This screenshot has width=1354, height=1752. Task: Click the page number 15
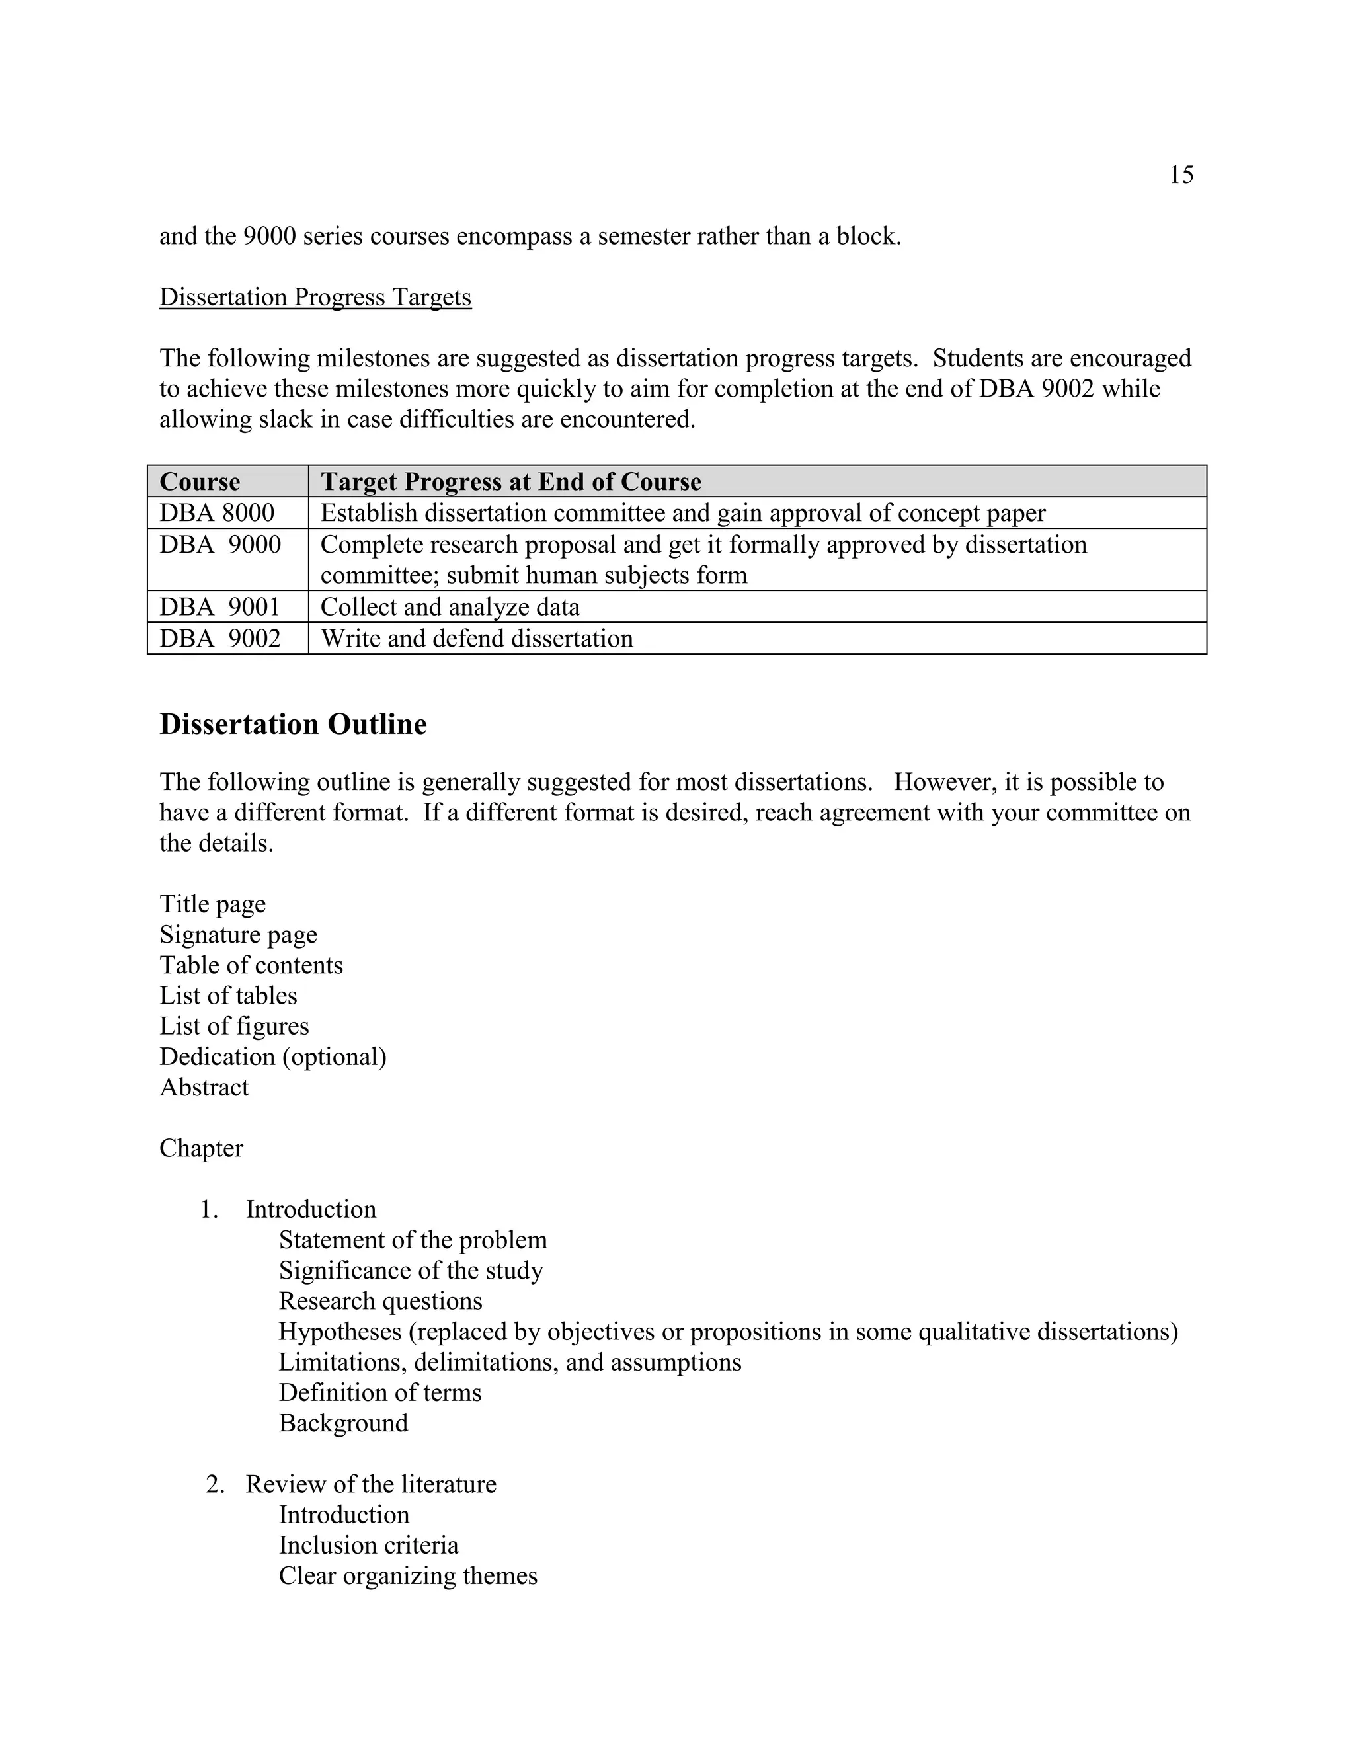click(1181, 175)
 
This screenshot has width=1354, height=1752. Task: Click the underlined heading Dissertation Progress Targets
click(315, 297)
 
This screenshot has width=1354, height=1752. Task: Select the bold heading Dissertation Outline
click(293, 725)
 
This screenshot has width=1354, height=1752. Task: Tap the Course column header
click(200, 481)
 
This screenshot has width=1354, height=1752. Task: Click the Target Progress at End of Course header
click(511, 481)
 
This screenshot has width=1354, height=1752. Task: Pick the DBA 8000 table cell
click(217, 512)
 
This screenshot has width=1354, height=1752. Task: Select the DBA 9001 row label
click(219, 606)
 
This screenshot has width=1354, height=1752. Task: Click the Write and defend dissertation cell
click(477, 639)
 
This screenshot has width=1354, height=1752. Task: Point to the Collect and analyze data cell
click(450, 606)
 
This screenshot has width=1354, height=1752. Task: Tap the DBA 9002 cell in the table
click(219, 639)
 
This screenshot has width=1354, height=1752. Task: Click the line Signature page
click(238, 935)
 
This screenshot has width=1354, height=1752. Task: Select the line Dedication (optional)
click(273, 1056)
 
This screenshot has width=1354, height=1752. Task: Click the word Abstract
click(204, 1087)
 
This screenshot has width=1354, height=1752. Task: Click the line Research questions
click(380, 1301)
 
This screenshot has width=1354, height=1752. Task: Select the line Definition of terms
click(380, 1392)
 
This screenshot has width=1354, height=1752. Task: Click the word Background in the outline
click(343, 1423)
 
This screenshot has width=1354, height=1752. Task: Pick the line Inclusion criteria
click(368, 1545)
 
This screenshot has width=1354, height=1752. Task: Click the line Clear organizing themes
click(407, 1575)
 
